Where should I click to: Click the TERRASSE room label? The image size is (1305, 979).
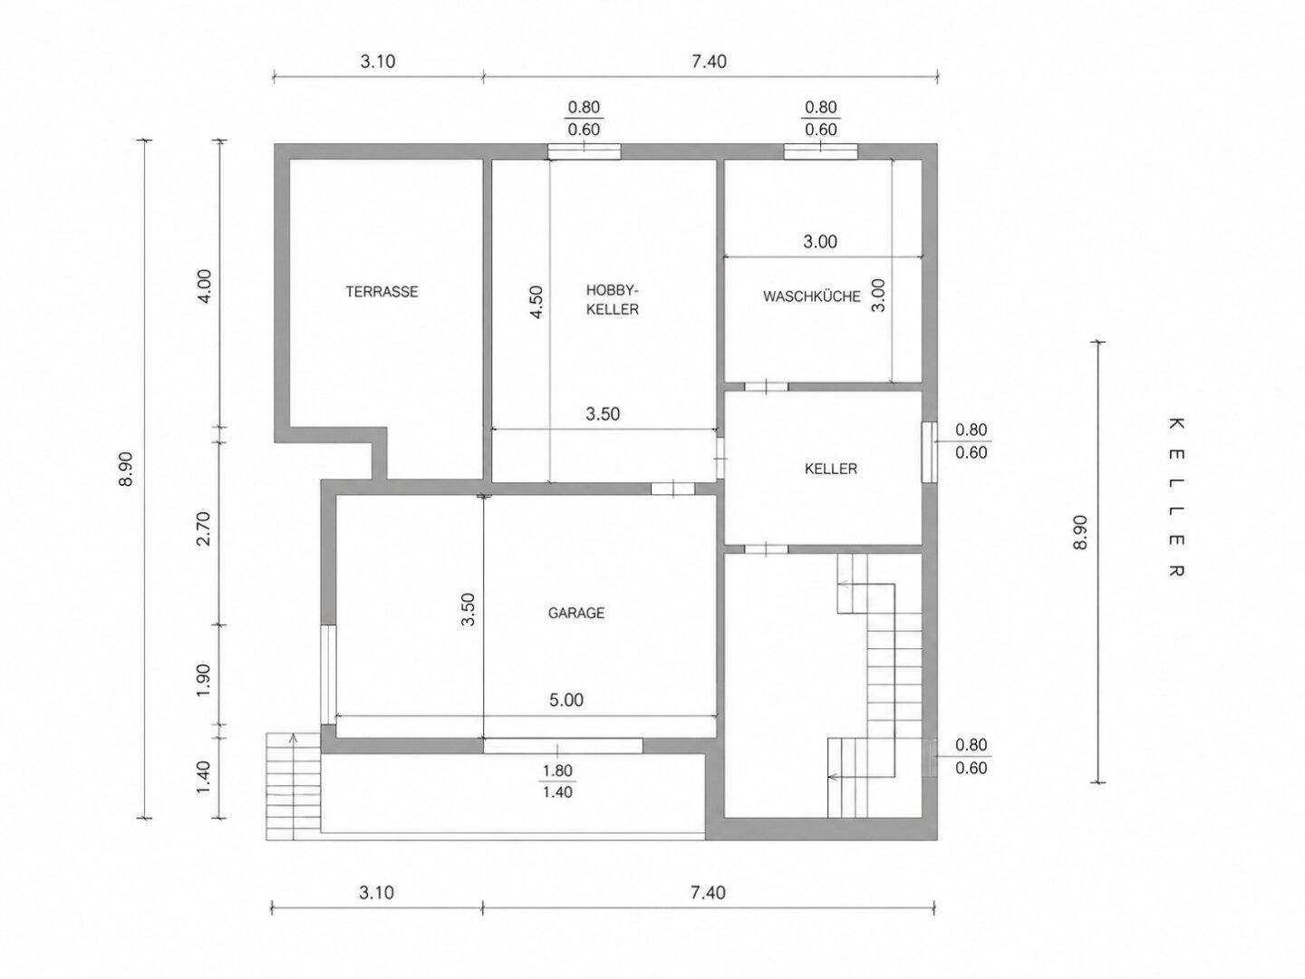382,292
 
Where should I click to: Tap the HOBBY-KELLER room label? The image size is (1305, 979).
613,299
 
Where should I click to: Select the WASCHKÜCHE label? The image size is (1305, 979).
811,296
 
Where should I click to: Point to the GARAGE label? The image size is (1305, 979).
576,613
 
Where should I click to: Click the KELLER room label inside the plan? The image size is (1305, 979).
830,469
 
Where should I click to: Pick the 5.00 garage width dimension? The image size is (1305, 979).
566,700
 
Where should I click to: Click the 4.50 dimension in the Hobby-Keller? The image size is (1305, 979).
536,302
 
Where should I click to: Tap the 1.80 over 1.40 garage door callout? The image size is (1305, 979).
557,781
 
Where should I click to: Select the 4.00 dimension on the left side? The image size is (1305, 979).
204,286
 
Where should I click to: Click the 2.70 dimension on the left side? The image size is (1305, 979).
204,528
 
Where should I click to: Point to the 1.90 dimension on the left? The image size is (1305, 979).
204,680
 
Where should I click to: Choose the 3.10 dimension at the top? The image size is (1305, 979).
378,62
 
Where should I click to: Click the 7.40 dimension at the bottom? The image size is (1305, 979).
708,893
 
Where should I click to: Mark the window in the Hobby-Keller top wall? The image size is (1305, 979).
584,151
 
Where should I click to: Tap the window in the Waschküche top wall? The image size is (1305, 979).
820,151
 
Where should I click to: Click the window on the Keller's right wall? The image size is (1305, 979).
929,452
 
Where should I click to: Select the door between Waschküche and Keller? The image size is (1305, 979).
767,386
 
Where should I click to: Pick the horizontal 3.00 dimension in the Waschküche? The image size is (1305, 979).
820,241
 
